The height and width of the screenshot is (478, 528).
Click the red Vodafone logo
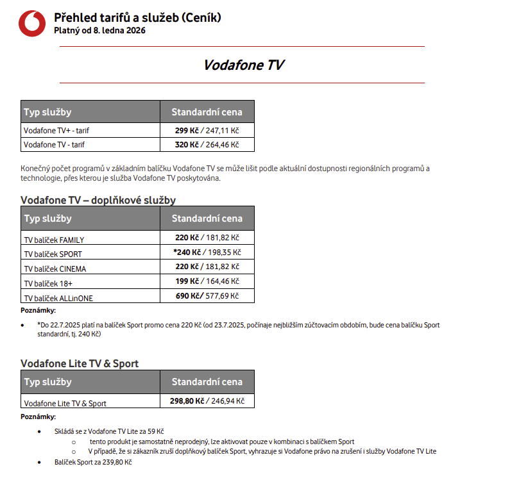32,23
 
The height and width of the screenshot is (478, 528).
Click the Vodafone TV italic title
243,65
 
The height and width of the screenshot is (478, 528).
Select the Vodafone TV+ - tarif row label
56,130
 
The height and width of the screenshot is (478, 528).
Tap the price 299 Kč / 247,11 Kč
207,130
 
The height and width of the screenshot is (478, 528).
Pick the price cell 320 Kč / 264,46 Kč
207,145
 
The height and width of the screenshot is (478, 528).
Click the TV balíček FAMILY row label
54,240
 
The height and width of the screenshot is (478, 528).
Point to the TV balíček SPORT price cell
207,252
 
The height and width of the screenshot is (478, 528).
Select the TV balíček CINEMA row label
55,269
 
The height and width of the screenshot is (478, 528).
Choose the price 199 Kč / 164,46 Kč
207,281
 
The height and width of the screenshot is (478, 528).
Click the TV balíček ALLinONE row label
58,298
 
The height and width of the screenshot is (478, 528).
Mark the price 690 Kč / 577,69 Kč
207,296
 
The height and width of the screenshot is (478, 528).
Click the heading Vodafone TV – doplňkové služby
98,201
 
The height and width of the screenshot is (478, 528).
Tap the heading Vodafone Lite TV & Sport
80,364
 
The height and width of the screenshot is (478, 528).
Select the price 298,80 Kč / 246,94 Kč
207,401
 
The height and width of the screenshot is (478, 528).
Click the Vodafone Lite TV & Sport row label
65,404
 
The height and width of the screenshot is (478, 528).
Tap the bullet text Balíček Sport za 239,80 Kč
93,462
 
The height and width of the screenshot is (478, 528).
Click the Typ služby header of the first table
47,112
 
